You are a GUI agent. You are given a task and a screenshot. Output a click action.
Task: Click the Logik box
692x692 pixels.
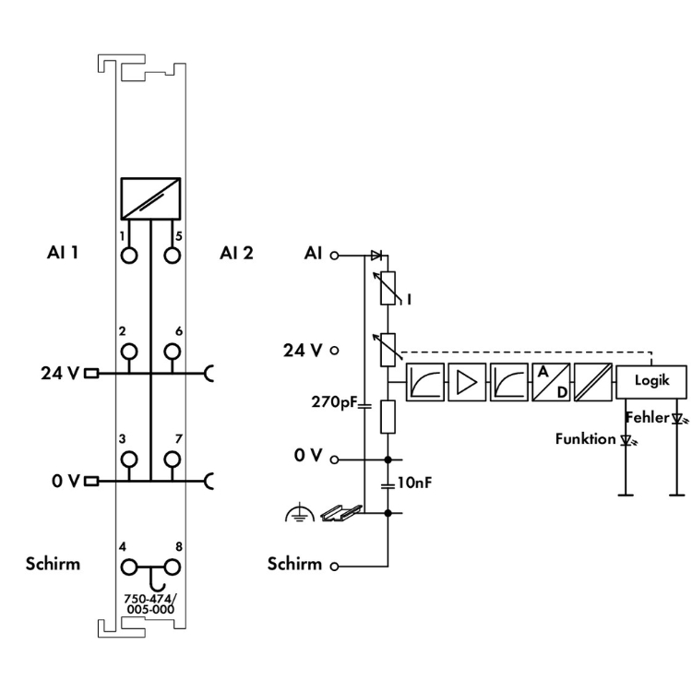click(651, 380)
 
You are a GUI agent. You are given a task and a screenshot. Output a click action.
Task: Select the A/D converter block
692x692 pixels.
click(550, 380)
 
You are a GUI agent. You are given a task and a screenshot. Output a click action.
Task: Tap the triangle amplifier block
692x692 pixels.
click(466, 380)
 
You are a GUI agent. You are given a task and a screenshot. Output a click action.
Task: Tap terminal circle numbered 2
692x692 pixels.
click(129, 352)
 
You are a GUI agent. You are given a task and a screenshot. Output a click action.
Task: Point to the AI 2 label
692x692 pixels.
click(236, 252)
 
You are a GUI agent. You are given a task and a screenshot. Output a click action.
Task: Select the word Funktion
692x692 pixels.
click(585, 439)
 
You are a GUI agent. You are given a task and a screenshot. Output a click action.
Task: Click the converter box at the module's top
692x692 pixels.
click(150, 197)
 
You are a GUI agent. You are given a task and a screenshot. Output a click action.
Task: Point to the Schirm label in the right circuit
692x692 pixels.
click(295, 563)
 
